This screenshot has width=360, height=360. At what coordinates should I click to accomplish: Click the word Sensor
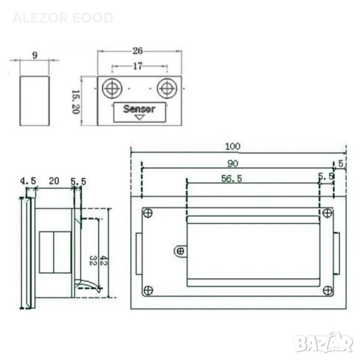click(x=139, y=109)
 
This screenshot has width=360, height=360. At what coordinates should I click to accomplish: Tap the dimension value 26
click(x=137, y=51)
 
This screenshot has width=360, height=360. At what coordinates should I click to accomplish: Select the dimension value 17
click(x=138, y=66)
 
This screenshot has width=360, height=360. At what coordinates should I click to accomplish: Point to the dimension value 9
click(x=35, y=55)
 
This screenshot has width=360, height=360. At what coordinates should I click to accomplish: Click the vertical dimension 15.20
click(x=76, y=102)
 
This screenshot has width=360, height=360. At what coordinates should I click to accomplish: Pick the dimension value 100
click(x=233, y=146)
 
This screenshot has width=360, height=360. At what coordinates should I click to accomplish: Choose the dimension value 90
click(x=233, y=164)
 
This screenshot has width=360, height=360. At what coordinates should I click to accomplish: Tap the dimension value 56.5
click(x=232, y=179)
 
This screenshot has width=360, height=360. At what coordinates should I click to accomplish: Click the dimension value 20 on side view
click(x=54, y=181)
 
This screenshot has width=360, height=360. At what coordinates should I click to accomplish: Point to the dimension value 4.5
click(x=28, y=181)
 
